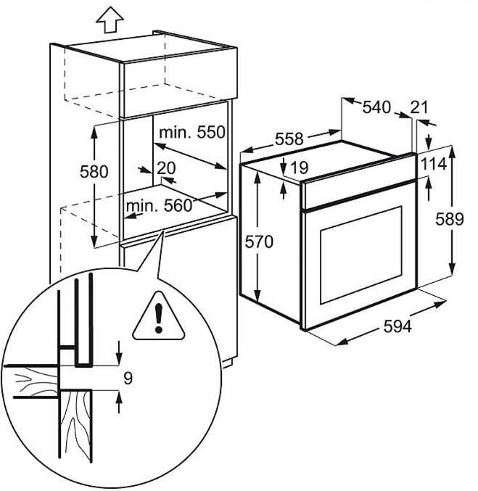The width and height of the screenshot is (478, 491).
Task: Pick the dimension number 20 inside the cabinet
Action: click(166, 168)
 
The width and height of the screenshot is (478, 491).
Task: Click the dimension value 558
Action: click(289, 139)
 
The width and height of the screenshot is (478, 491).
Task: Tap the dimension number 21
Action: click(419, 107)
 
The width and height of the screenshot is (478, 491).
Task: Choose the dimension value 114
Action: click(432, 165)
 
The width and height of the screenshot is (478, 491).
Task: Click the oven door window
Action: click(359, 254)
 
